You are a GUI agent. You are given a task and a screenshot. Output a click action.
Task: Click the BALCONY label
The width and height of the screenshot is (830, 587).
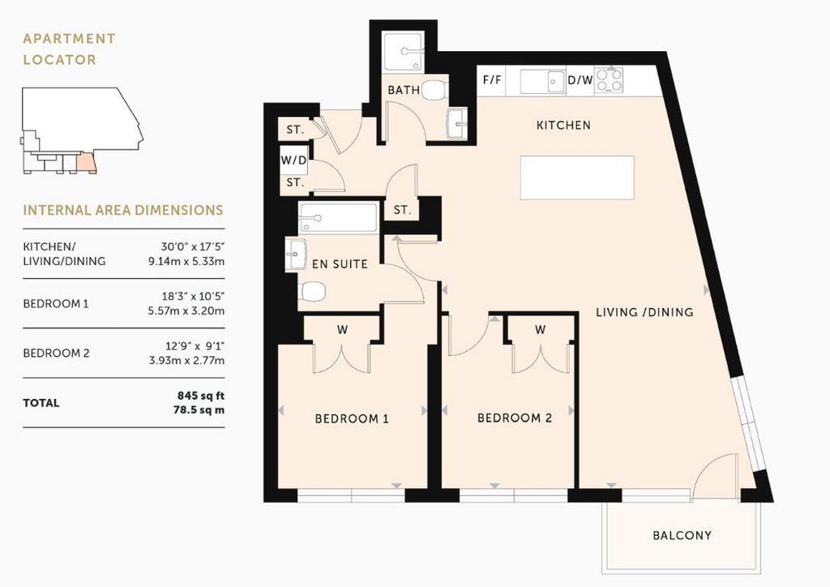682,535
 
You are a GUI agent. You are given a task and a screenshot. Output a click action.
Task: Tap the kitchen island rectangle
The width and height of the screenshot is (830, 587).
577,178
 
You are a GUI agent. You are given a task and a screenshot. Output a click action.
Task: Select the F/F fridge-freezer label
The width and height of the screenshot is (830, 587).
492,80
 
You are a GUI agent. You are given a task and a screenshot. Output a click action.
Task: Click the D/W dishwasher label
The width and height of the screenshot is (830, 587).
580,80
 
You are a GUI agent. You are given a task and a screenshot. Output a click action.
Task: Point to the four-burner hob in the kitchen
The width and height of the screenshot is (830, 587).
610,80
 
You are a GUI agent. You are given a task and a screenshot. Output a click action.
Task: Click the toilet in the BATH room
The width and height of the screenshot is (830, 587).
435,91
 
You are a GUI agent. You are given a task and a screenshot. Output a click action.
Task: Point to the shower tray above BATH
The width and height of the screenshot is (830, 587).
404,52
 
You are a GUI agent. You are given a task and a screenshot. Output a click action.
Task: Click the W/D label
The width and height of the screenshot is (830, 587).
293,161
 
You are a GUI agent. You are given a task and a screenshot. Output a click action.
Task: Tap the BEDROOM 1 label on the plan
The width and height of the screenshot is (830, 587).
352,418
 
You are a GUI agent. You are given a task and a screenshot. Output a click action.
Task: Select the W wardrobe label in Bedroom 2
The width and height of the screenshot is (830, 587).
540,330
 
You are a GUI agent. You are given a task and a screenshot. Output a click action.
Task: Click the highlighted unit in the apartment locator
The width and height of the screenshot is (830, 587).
86,163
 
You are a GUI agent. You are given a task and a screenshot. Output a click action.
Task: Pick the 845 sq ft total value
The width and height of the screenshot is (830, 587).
201,396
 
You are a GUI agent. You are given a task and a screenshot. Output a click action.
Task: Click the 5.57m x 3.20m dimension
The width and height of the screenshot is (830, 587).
186,311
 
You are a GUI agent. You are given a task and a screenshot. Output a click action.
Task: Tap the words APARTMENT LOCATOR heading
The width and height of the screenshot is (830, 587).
70,49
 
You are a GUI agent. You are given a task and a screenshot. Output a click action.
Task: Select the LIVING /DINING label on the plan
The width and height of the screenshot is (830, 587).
644,312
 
